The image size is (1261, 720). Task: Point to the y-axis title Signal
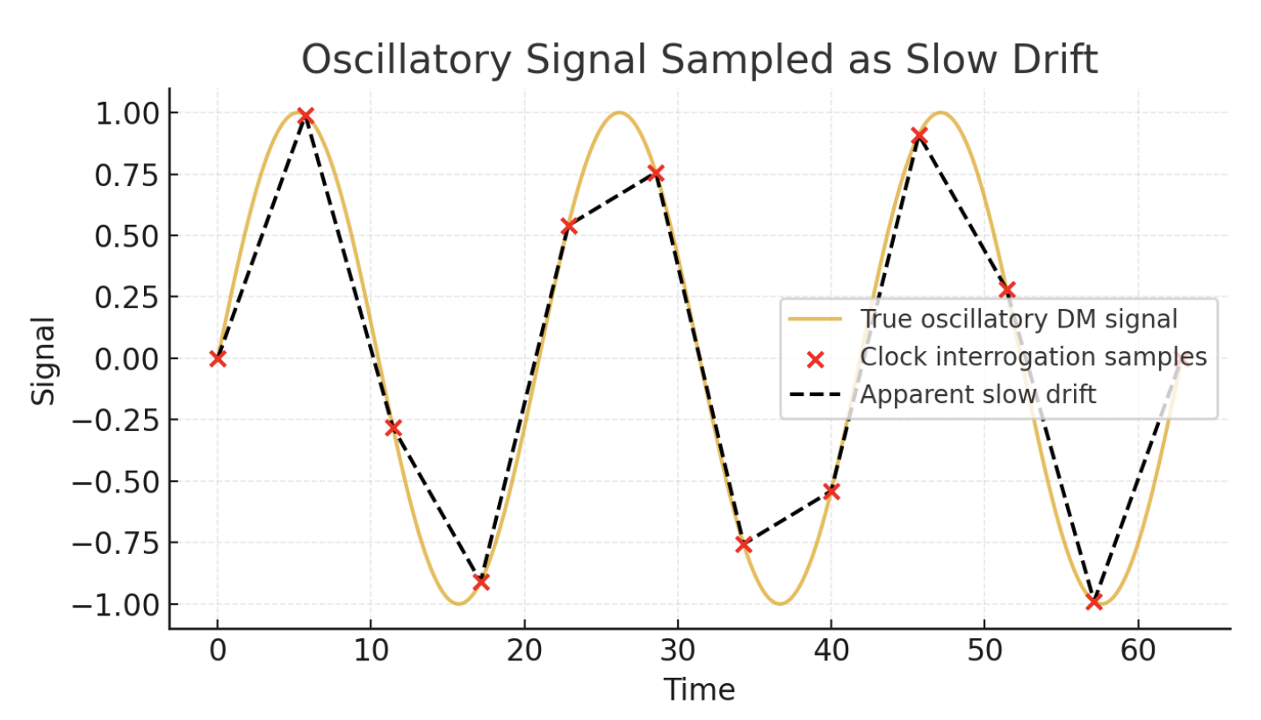[43, 360]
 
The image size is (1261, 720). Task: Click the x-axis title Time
[699, 690]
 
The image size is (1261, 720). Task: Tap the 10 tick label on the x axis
[371, 655]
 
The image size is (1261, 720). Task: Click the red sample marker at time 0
[218, 358]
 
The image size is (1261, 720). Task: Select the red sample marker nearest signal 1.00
[305, 116]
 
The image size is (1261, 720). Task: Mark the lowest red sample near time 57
[1093, 601]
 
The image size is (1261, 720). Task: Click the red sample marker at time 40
[831, 492]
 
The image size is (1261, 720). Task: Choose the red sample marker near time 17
[480, 582]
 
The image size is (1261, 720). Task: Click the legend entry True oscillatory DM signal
[1019, 320]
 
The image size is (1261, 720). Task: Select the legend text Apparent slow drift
[977, 395]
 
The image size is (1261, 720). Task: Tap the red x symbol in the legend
[815, 358]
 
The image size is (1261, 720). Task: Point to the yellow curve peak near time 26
[619, 112]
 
